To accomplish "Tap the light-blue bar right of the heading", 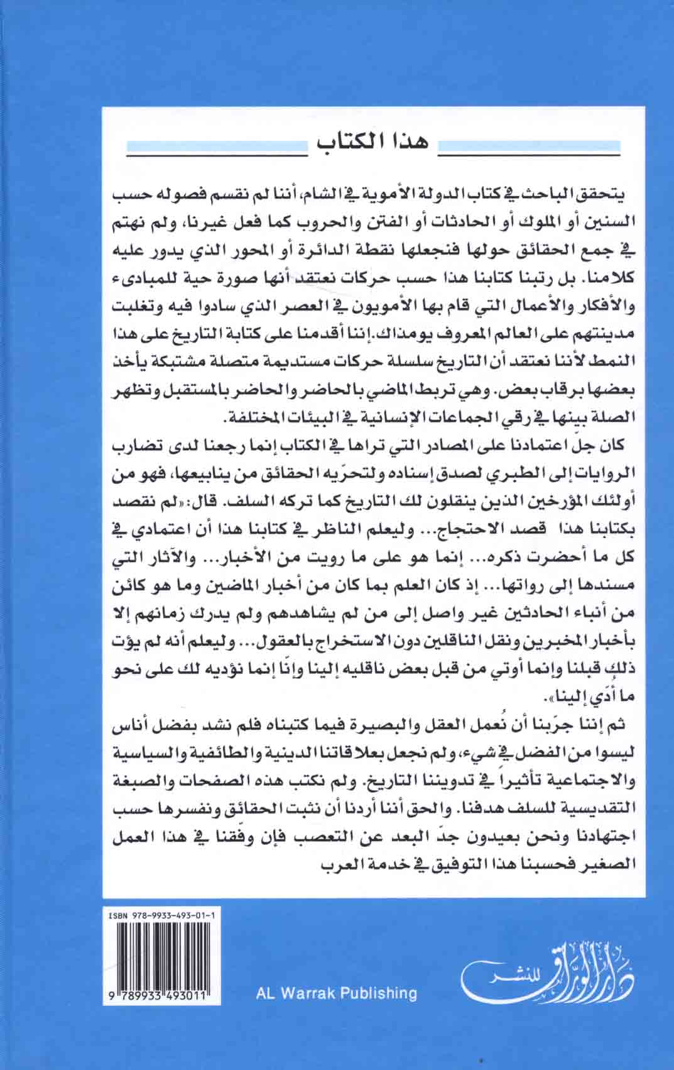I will (528, 149).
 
